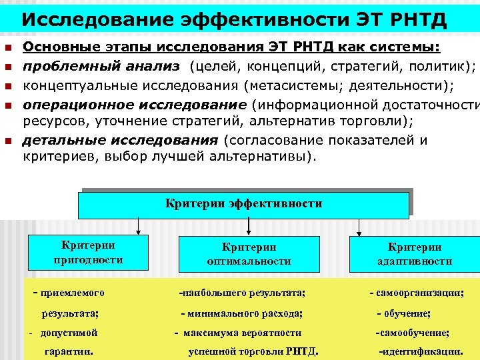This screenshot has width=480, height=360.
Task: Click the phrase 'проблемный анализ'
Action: [101, 66]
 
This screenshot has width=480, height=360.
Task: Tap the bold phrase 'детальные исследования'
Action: [120, 141]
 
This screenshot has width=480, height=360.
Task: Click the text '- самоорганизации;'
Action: [417, 293]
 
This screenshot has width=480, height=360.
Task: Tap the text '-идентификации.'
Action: [421, 351]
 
